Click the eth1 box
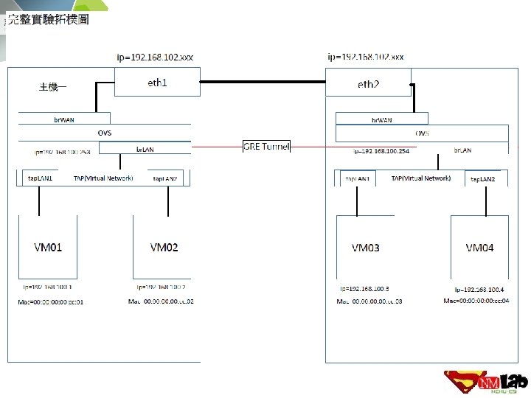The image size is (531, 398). (x=157, y=82)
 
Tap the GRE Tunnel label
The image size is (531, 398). (x=267, y=146)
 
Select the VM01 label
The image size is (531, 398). (x=48, y=248)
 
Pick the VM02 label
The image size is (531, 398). (x=164, y=248)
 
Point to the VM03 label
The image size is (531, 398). (x=366, y=248)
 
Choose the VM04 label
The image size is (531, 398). (x=479, y=248)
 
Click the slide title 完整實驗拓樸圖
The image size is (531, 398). (x=48, y=20)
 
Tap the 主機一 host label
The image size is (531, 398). (x=52, y=87)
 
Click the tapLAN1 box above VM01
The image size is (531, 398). (x=41, y=178)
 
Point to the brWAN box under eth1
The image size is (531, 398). (x=65, y=118)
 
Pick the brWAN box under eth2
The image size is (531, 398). (x=381, y=119)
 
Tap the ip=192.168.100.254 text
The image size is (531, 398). (x=383, y=150)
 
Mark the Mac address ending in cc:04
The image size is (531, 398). (x=476, y=301)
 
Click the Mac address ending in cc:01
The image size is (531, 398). (x=51, y=302)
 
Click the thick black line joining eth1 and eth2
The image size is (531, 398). (x=263, y=82)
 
